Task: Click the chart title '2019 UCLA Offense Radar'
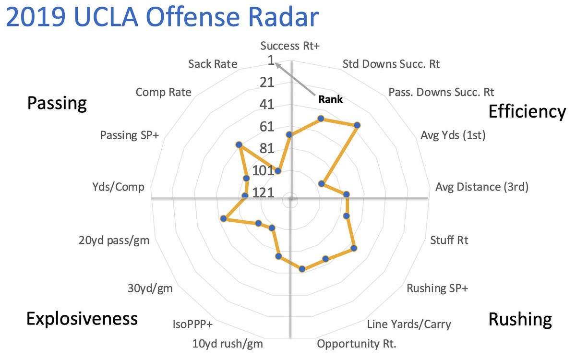click(x=162, y=18)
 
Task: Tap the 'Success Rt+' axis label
click(x=290, y=46)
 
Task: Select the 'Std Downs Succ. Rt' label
click(x=391, y=64)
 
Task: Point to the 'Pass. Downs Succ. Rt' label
click(x=441, y=91)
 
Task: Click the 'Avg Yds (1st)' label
click(x=453, y=136)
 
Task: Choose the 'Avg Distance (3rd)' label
click(x=481, y=187)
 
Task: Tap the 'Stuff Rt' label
click(x=449, y=240)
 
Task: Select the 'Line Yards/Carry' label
click(x=408, y=324)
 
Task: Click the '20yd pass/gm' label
click(x=114, y=240)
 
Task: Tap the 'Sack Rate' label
click(x=213, y=64)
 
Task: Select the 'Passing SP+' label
click(x=130, y=136)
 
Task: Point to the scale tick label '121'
click(x=263, y=193)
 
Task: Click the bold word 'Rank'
click(x=330, y=100)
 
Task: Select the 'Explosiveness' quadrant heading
click(x=82, y=318)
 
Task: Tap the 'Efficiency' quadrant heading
click(x=527, y=111)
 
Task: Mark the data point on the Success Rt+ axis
click(x=289, y=135)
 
